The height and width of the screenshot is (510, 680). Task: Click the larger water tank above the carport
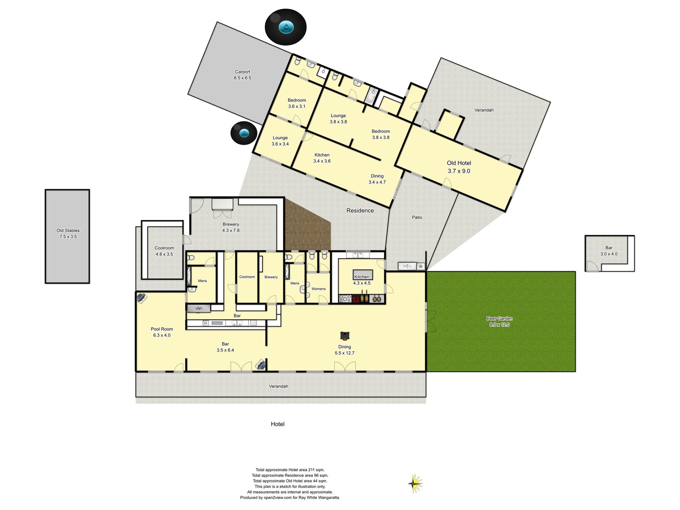coord(285,27)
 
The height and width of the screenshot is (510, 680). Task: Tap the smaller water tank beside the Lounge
coord(244,133)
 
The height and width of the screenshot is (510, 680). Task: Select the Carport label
coord(243,75)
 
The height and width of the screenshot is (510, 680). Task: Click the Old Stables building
coord(67,236)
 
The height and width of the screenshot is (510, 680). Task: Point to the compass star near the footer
coord(415,483)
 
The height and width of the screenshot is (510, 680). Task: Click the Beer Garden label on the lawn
coord(499,322)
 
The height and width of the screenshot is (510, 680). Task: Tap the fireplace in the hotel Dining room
coord(345,335)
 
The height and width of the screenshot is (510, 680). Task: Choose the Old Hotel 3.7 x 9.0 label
coord(459,167)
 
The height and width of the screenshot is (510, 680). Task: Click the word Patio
coord(417,217)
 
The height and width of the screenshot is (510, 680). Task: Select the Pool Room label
coord(162,332)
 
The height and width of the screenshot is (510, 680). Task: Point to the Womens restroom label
coord(318,289)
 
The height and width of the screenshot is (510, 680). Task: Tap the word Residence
coord(360,211)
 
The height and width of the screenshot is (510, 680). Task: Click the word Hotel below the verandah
coord(278,424)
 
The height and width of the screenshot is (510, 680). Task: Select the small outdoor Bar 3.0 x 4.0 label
coord(609,251)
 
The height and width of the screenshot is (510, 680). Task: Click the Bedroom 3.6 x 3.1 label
coord(297,103)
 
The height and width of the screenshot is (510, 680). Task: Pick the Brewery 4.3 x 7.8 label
coord(231,227)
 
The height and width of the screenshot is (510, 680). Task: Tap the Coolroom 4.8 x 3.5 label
coord(164,251)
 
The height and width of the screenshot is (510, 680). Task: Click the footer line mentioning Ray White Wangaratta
coord(290,498)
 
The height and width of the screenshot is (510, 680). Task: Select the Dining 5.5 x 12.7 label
coord(345,350)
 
